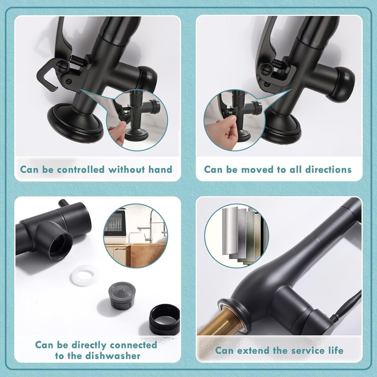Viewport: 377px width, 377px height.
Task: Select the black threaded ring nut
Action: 164,320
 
